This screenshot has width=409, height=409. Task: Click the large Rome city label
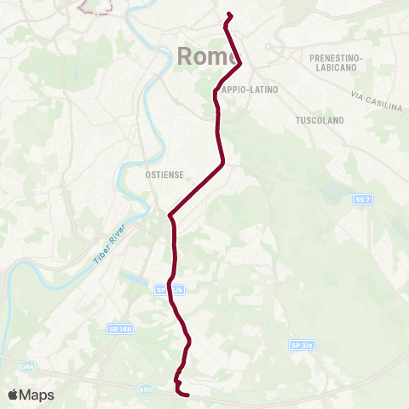202,56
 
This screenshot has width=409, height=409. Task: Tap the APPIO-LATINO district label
250,89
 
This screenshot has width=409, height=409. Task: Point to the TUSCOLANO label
319,120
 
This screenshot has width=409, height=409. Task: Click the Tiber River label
109,245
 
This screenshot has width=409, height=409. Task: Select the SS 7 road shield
364,199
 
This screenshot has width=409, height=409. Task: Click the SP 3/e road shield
302,345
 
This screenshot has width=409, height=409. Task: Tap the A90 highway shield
146,388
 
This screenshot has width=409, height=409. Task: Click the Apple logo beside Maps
14,395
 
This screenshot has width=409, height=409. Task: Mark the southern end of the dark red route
187,394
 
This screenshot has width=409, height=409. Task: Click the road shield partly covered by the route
169,290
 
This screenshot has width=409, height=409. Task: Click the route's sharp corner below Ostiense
170,216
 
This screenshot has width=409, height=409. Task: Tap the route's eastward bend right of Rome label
241,62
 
